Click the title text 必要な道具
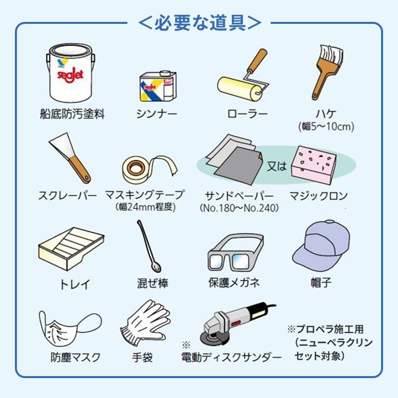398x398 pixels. [199, 22]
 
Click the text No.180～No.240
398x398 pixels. [239, 207]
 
